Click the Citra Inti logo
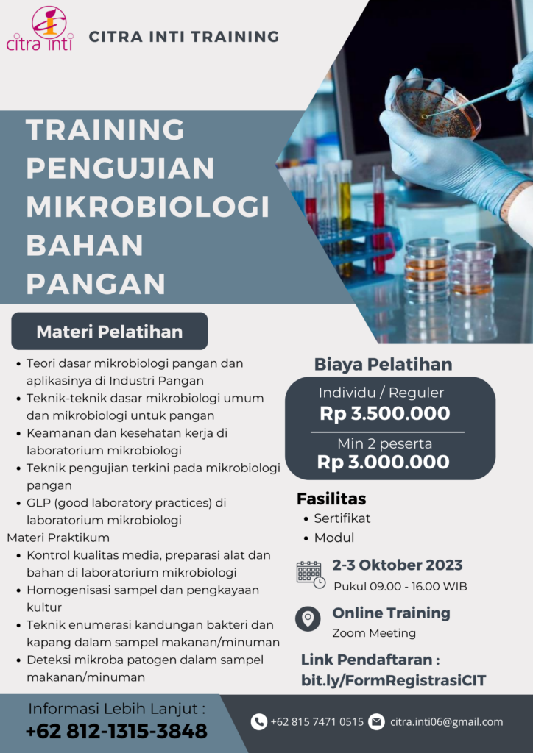[40, 29]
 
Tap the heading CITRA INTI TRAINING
[184, 37]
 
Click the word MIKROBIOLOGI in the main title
[147, 207]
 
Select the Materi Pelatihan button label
[110, 332]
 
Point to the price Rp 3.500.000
[385, 413]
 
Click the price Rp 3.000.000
[384, 462]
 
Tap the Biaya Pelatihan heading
[383, 365]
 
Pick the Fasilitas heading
[331, 499]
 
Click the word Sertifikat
[342, 518]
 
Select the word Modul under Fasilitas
[334, 538]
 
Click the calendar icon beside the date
[311, 574]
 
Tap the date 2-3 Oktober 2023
[398, 565]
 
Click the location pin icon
[308, 618]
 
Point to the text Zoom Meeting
[374, 633]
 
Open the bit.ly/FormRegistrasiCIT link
[394, 680]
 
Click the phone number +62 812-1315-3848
[116, 731]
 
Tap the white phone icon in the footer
[258, 722]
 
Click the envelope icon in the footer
[376, 722]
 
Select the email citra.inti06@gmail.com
[446, 722]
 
